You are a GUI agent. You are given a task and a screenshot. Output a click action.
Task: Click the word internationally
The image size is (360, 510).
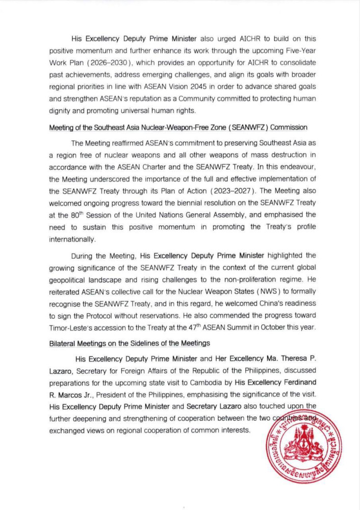(x=72, y=239)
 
